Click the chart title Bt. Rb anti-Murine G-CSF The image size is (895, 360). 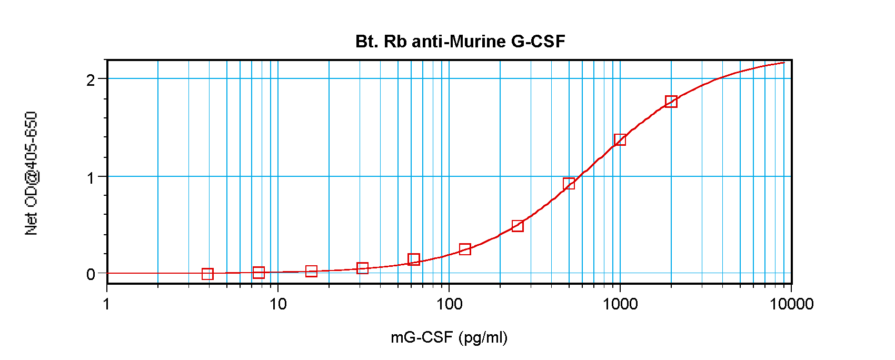(x=460, y=41)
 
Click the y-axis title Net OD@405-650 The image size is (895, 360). (x=31, y=173)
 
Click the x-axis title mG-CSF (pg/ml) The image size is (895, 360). (x=449, y=337)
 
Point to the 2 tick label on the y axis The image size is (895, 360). (x=91, y=80)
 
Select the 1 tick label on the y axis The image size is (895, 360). (x=91, y=177)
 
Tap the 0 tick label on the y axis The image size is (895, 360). (x=91, y=274)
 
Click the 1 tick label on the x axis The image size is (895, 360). (x=107, y=304)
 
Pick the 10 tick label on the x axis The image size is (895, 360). (x=278, y=304)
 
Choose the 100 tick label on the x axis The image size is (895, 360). (x=449, y=304)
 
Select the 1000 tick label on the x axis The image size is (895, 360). (x=620, y=304)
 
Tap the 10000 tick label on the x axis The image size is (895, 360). (x=791, y=304)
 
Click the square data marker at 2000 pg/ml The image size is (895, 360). (x=671, y=102)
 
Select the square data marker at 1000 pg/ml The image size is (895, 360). (x=620, y=139)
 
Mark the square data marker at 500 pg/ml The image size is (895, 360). (x=569, y=184)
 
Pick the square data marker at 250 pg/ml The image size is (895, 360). (x=518, y=226)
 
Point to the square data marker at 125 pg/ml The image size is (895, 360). (x=465, y=249)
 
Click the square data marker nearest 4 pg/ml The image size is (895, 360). (x=207, y=274)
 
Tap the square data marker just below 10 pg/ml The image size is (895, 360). (x=258, y=273)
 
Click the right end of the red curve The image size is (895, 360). (x=784, y=63)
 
